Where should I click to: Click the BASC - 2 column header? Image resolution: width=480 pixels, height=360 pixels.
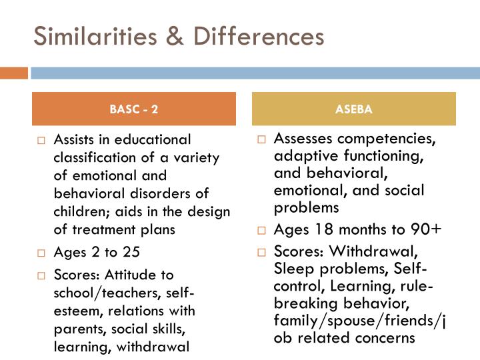point(134,109)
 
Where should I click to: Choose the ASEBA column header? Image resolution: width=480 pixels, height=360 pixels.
point(354,109)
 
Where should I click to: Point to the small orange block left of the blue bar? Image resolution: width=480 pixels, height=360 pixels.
point(14,73)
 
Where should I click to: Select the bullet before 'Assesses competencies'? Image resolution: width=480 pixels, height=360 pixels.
point(262,140)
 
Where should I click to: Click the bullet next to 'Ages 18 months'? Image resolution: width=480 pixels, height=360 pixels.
point(262,230)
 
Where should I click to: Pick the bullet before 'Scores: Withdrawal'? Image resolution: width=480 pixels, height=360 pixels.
point(262,253)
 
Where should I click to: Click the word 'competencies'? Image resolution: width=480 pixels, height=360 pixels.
point(394,139)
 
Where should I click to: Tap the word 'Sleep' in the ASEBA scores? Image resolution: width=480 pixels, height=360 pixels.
point(292,269)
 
